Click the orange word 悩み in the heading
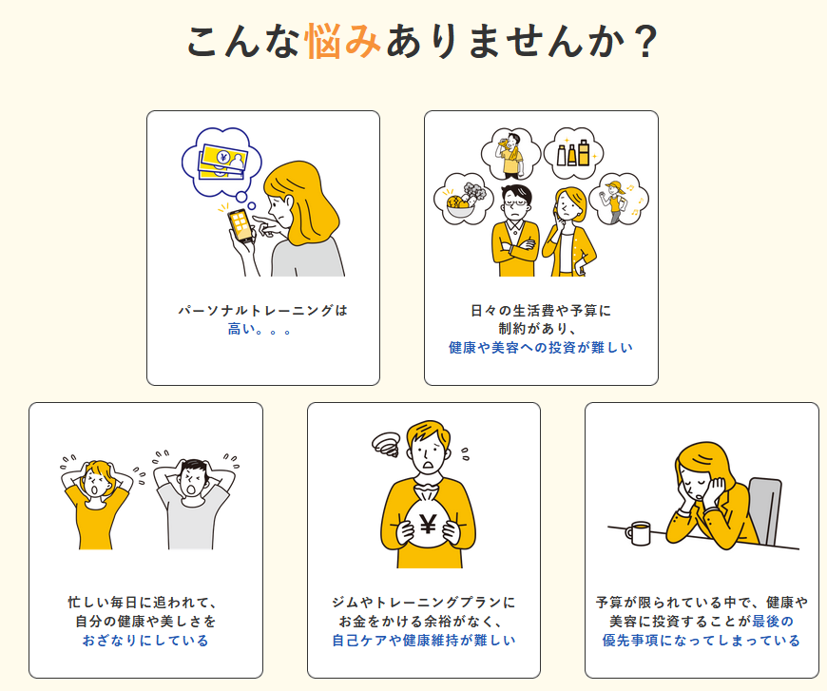point(343,41)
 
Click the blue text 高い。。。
point(260,330)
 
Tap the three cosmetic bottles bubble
point(573,152)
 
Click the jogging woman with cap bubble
point(618,199)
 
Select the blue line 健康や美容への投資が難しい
point(541,348)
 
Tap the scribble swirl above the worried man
point(387,445)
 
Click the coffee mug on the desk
point(638,533)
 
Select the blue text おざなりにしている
point(145,641)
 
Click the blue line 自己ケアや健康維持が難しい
point(424,641)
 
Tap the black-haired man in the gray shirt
point(194,503)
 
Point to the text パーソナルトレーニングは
point(263,310)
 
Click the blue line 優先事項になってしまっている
point(702,641)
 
